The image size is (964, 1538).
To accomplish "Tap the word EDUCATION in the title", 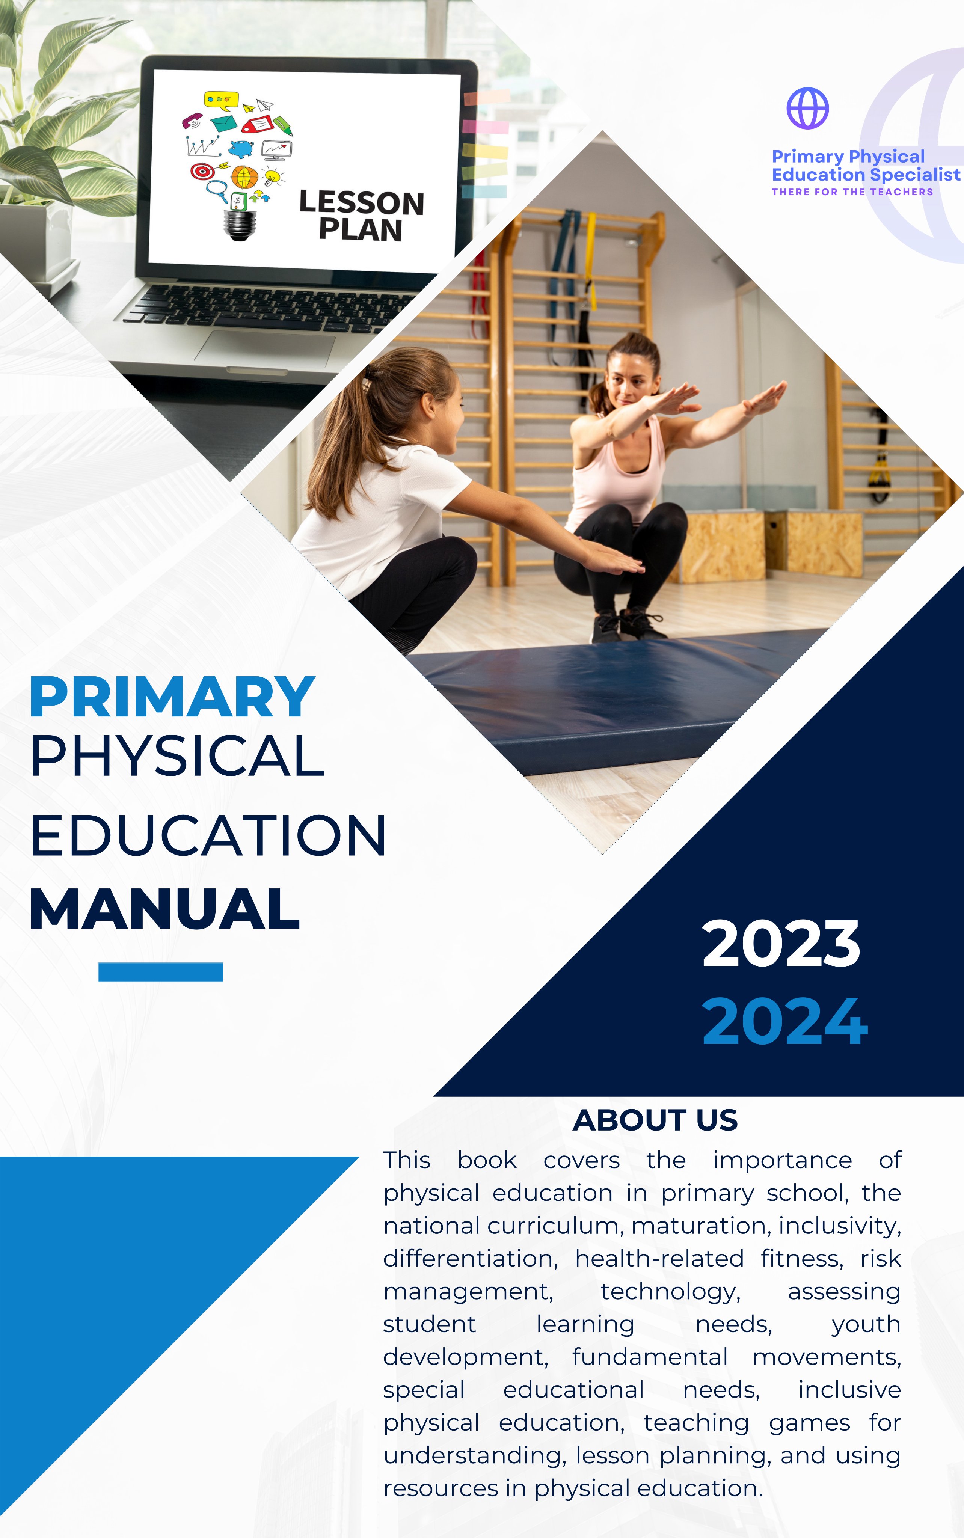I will tap(208, 835).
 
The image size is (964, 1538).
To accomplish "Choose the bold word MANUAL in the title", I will tap(164, 909).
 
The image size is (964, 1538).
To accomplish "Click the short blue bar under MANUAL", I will tap(161, 972).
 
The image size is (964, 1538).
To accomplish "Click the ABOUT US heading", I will tap(655, 1120).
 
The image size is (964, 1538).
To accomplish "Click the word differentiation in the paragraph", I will tap(469, 1259).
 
